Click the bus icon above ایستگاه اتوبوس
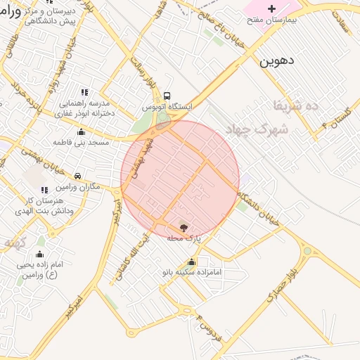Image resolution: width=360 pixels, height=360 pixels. (167, 96)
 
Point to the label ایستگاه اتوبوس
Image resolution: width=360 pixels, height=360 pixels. (163, 107)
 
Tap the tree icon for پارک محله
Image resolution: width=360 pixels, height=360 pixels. (184, 227)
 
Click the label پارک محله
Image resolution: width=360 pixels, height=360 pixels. (184, 238)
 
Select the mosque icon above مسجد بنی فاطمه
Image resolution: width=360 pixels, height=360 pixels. (81, 131)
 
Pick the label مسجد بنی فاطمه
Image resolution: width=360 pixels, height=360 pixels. (81, 142)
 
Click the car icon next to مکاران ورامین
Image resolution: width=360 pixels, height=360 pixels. (77, 176)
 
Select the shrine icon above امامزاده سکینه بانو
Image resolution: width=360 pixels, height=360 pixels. (191, 262)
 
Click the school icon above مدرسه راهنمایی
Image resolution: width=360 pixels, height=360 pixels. (84, 91)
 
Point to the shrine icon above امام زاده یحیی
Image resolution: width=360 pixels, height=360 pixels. (39, 254)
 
